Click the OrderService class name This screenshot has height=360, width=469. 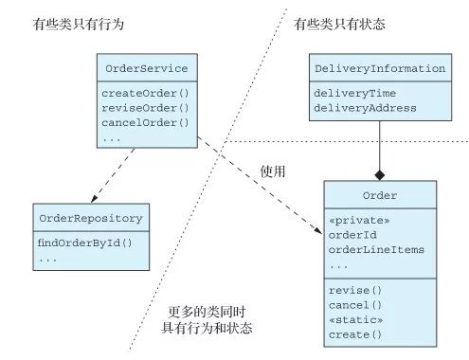tap(146, 69)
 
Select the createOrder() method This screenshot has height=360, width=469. tap(146, 93)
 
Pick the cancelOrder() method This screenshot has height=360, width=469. tap(146, 121)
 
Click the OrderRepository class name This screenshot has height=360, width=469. tap(90, 219)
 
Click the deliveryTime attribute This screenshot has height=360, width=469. tap(356, 93)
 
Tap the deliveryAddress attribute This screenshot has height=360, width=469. tap(366, 107)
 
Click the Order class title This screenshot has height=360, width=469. tap(380, 196)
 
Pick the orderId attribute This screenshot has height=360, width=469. tap(352, 235)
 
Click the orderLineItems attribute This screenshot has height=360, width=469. tap(375, 249)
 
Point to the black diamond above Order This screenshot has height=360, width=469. tap(380, 174)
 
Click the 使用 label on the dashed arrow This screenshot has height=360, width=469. tap(273, 171)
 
